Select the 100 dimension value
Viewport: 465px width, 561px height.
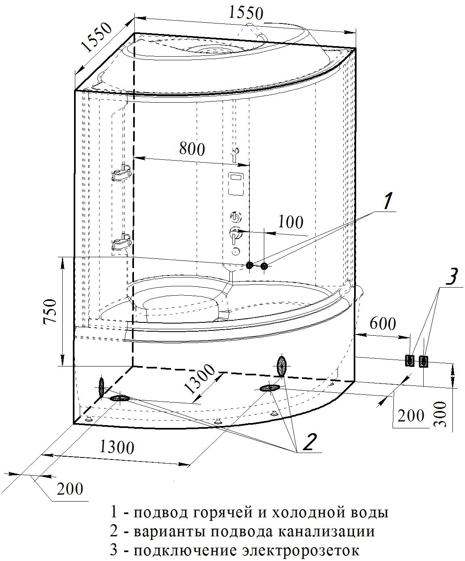point(291,222)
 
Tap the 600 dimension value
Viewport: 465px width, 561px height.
point(382,324)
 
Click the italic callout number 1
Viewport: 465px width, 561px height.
point(387,201)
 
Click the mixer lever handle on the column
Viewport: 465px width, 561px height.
point(235,234)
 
